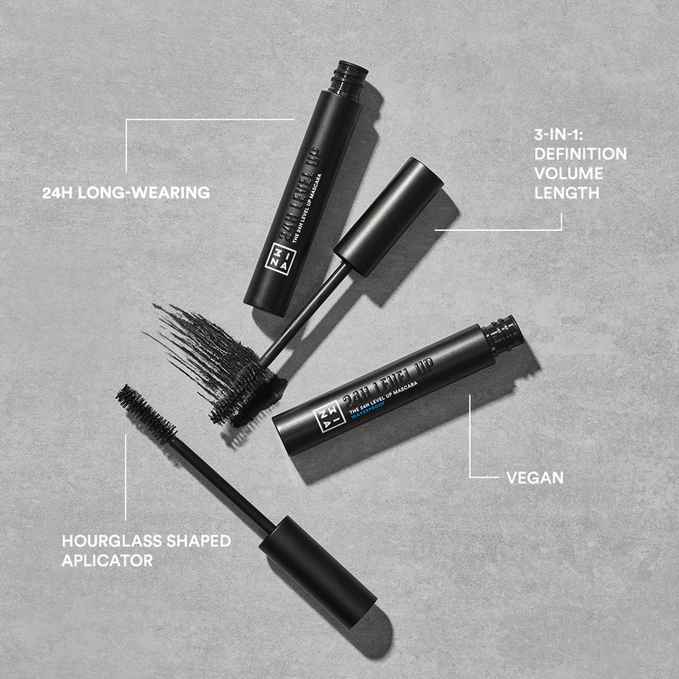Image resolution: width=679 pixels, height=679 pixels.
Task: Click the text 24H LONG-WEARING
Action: pos(126,193)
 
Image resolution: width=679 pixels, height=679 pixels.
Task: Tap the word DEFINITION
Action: pos(580,155)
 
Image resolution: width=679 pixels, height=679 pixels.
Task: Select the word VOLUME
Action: pos(569,174)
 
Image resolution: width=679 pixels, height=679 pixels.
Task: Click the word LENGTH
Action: pos(567,192)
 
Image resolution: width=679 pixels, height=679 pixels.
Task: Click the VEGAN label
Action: pos(535,478)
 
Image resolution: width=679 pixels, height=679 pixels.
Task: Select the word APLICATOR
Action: pos(107,561)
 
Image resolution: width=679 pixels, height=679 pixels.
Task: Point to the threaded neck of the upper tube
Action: pos(349,78)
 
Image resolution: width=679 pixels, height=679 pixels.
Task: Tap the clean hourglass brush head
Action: pos(146,414)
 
